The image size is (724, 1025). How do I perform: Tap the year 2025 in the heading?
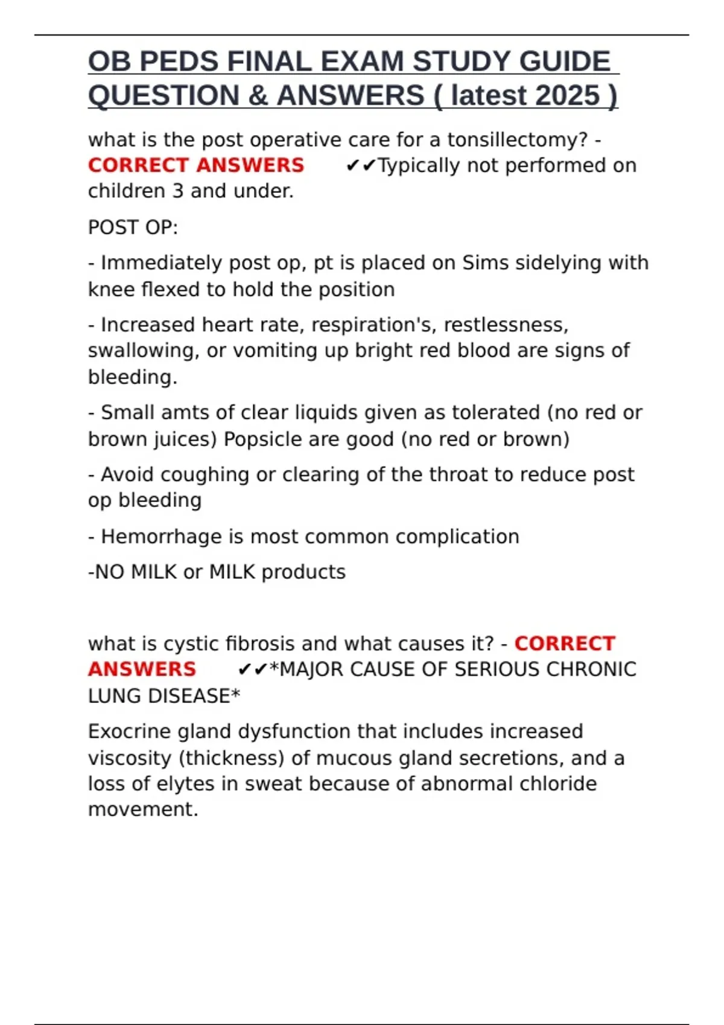click(x=567, y=96)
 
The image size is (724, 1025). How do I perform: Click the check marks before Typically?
click(x=361, y=166)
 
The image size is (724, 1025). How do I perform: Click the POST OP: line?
click(x=133, y=228)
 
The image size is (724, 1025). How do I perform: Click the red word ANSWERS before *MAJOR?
click(x=142, y=669)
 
